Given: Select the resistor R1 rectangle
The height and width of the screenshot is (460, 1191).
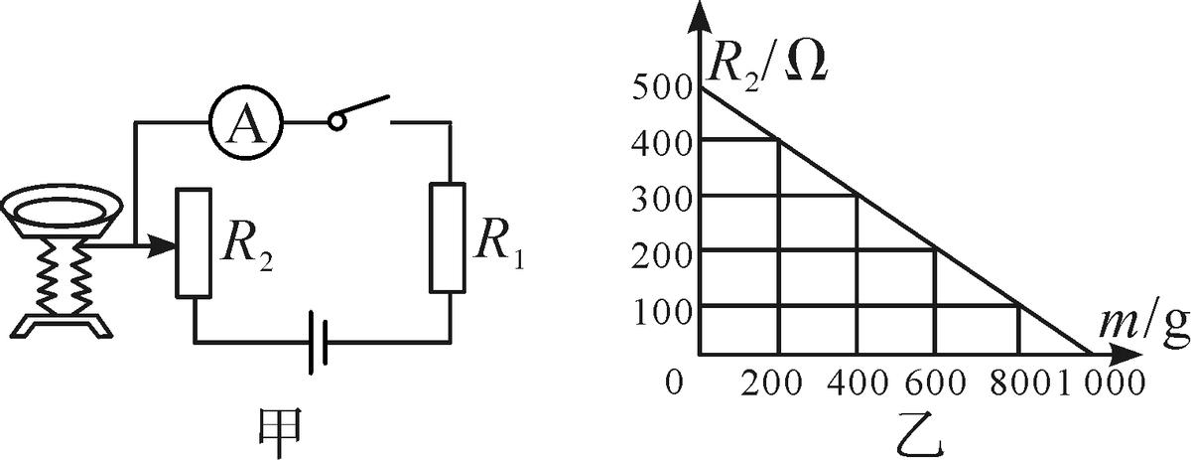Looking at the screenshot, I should [x=449, y=237].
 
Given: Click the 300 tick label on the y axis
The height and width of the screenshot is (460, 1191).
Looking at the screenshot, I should [x=658, y=197].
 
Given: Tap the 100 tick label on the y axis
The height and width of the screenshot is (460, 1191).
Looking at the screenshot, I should [x=658, y=306].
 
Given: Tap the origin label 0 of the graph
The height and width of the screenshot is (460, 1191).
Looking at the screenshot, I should [x=675, y=383].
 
